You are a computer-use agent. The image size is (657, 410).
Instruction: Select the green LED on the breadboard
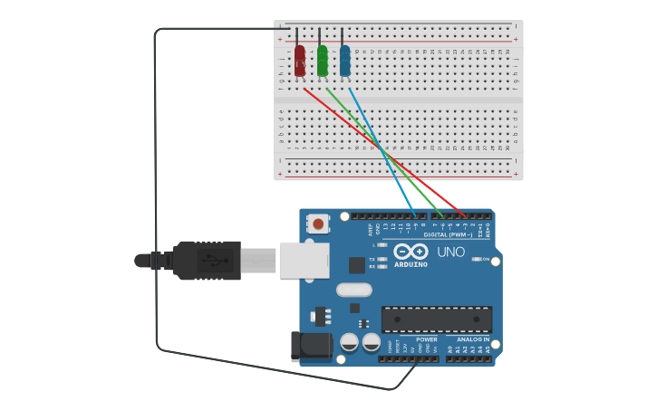point(323,60)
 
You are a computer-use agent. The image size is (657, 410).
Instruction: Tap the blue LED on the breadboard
point(344,60)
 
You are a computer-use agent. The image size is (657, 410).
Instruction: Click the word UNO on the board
point(450,252)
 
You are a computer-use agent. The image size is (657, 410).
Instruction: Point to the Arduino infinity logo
point(410,252)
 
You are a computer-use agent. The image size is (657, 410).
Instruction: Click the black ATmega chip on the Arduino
point(436,319)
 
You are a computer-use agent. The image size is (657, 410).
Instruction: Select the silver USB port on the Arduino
point(304,261)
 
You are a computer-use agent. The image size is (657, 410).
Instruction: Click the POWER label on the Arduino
point(426,339)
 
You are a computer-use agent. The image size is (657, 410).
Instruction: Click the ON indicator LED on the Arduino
point(477,260)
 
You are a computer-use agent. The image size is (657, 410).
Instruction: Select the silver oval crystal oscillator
point(353,291)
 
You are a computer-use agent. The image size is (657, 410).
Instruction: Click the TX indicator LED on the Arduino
point(382,259)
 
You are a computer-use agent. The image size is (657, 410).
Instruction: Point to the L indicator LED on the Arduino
point(382,244)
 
